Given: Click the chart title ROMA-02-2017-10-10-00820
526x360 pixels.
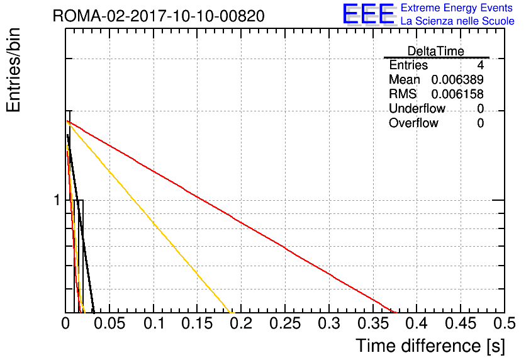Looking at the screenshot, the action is coord(159,16).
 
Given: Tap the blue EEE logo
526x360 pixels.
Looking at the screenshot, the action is coord(369,14).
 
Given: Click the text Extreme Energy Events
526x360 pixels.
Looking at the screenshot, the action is coord(457,8).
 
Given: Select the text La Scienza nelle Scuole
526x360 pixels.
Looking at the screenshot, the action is coord(457,21).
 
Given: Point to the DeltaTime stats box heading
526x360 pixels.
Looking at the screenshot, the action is coord(436,51).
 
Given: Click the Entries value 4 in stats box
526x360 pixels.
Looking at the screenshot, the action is coord(480,65).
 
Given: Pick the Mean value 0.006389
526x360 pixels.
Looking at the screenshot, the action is coord(457,79).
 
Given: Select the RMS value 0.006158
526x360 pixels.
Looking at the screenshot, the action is coord(457,94).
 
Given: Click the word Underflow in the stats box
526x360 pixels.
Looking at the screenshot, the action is coord(417,108).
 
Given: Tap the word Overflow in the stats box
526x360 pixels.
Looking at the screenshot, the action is coord(413,123).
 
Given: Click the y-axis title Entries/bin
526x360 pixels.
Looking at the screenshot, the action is coord(14,70).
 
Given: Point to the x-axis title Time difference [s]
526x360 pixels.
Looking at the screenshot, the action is coord(430,346).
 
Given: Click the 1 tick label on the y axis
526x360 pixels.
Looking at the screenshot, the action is coord(57,200).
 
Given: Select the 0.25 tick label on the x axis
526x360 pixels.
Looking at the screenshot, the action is coord(285,323).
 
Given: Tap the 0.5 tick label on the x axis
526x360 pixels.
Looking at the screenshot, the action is coord(505,323).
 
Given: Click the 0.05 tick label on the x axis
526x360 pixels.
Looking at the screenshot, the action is coord(109,323).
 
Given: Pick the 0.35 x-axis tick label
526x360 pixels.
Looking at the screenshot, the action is coord(373,323).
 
